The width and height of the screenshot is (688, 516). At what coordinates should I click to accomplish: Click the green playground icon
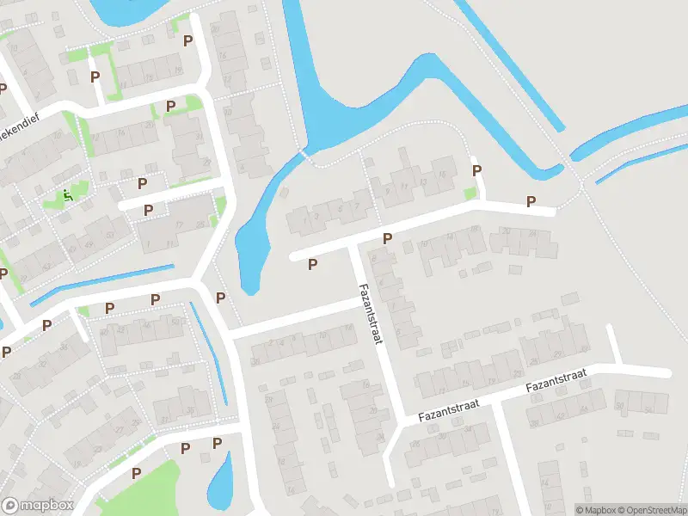(x=68, y=196)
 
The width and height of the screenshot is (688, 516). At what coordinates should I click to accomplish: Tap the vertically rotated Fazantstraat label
(x=372, y=315)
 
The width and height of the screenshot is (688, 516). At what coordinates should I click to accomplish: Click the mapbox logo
(x=38, y=506)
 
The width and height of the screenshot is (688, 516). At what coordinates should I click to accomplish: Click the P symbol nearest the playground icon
(x=142, y=182)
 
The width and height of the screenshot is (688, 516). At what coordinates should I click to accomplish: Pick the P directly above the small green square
(x=476, y=170)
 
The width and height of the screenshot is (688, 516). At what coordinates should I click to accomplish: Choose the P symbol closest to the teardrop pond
(x=217, y=443)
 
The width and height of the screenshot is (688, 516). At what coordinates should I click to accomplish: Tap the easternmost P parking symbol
(x=531, y=201)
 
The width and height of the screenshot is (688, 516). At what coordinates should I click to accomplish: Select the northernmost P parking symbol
(x=187, y=16)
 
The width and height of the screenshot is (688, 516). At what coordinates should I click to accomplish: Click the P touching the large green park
(x=136, y=473)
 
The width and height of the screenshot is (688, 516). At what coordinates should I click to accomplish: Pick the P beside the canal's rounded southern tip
(x=221, y=298)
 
